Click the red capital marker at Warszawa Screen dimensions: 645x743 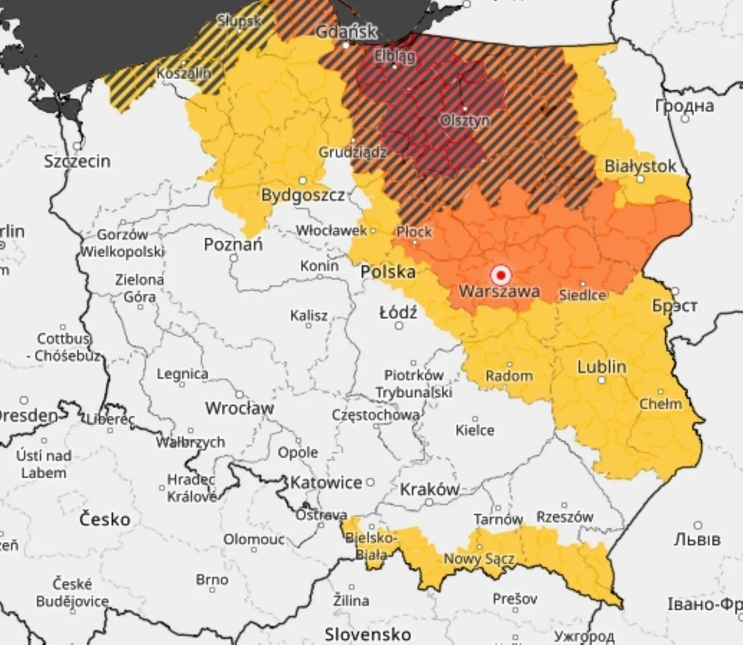point(501,275)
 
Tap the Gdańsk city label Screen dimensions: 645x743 point(346,31)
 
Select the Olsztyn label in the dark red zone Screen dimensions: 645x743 point(465,121)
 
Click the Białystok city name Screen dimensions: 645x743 point(640,166)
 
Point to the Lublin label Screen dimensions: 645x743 point(601,367)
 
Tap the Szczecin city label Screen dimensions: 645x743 point(77,161)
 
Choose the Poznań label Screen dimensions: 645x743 point(233,245)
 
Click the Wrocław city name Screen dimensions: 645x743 point(239,408)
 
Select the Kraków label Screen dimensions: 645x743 point(429,490)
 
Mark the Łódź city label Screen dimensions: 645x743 point(398,313)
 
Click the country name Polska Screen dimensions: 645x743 point(388,271)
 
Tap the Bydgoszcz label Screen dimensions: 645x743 point(303,195)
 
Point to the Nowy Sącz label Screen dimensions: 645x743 point(479,559)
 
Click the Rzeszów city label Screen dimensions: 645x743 point(565,517)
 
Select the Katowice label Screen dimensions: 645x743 point(326,483)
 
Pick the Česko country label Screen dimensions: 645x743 point(105,519)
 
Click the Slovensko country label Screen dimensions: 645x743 point(367,634)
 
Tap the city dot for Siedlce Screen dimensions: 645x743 point(583,284)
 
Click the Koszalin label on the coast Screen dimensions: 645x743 point(183,73)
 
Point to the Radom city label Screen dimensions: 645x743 point(509,375)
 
